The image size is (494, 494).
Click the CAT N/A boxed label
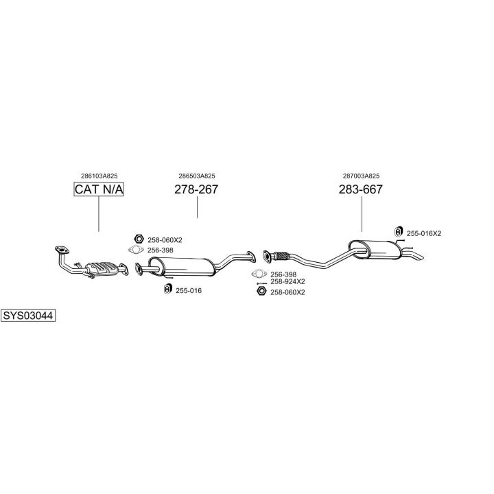[99, 189]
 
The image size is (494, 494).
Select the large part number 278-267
[196, 189]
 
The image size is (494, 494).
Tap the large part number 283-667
[361, 189]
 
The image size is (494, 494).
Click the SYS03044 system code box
[28, 316]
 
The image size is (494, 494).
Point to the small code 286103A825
[99, 176]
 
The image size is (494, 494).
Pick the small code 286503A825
[197, 176]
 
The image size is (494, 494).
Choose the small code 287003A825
[361, 176]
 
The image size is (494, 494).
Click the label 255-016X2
[424, 233]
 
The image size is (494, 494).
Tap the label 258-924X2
[287, 281]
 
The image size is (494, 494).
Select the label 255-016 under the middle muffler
[189, 290]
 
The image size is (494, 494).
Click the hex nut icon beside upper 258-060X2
[139, 239]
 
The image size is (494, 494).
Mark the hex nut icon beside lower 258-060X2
[261, 291]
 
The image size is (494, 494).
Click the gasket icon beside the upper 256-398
[136, 250]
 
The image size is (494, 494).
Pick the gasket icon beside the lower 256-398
[259, 274]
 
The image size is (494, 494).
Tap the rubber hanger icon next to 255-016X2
[399, 232]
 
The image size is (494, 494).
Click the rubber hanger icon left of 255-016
[168, 289]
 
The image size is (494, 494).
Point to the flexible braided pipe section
[281, 256]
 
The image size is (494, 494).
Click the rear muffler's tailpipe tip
[421, 257]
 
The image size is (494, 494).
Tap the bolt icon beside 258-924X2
[262, 283]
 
